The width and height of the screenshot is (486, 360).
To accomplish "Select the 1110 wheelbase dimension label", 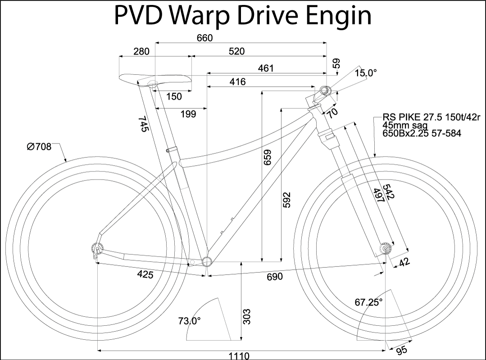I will coord(239,355).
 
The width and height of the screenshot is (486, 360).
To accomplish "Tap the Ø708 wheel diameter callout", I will coord(39,146).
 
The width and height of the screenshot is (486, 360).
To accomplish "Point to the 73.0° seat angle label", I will coord(189,321).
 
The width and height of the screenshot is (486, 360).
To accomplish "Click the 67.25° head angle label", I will coord(368,302).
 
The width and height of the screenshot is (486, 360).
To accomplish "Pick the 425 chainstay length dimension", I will coord(145,274).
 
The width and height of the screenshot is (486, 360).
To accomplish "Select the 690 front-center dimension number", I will coord(274,276).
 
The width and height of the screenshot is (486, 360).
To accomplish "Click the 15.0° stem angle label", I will coord(366,73).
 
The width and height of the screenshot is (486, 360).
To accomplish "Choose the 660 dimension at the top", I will coord(204,38).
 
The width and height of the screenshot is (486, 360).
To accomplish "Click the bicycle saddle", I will coord(155,79).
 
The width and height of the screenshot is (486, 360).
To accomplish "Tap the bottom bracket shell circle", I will coord(207,261).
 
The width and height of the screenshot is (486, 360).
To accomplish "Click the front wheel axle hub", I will coord(386,248).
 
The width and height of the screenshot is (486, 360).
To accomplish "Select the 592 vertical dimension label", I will coord(286,201).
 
